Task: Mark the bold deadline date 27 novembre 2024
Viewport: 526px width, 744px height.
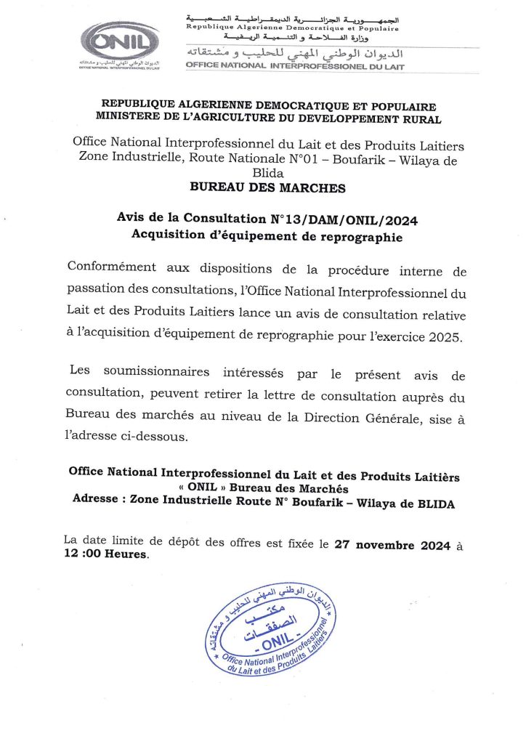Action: click(392, 546)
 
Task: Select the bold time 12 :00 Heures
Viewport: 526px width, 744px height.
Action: click(105, 554)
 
